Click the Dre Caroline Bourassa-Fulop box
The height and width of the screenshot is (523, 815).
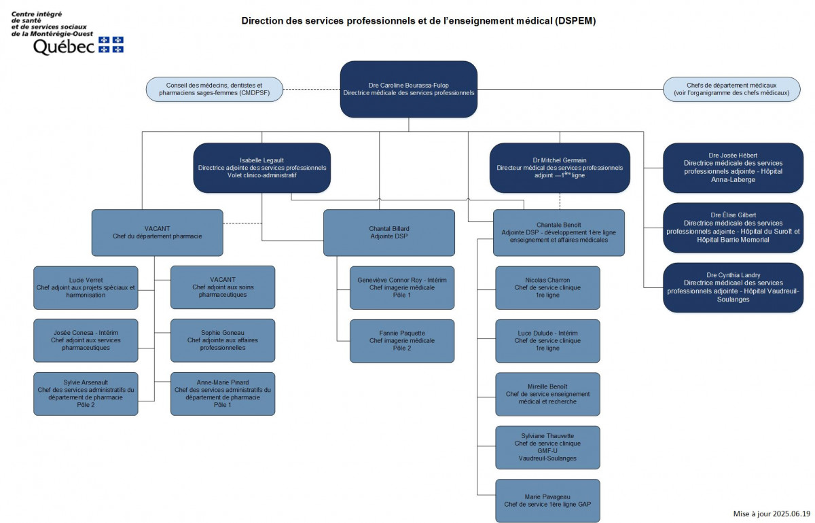pyautogui.click(x=408, y=89)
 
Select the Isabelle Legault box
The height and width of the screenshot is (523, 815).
pyautogui.click(x=262, y=168)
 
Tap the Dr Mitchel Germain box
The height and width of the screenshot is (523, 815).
pyautogui.click(x=560, y=168)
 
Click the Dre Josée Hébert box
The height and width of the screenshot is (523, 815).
pyautogui.click(x=733, y=168)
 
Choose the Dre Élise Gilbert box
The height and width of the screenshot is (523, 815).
pyautogui.click(x=733, y=228)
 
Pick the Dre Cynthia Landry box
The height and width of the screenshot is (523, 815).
pyautogui.click(x=733, y=287)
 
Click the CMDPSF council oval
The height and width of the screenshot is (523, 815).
pyautogui.click(x=214, y=89)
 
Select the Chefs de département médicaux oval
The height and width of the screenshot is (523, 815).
pyautogui.click(x=731, y=89)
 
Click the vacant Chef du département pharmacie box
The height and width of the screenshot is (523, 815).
pyautogui.click(x=157, y=232)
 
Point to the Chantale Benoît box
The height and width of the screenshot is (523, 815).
pyautogui.click(x=558, y=232)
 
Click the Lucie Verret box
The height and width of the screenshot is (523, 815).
pyautogui.click(x=86, y=287)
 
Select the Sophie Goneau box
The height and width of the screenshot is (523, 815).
pyautogui.click(x=223, y=340)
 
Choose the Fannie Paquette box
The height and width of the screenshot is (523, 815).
pyautogui.click(x=402, y=340)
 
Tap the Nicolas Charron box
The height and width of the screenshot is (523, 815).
pyautogui.click(x=547, y=287)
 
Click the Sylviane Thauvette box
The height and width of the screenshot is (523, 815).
pyautogui.click(x=547, y=447)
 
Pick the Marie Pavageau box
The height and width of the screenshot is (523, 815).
pyautogui.click(x=547, y=500)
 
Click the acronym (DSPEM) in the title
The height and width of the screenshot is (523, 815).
pyautogui.click(x=575, y=20)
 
